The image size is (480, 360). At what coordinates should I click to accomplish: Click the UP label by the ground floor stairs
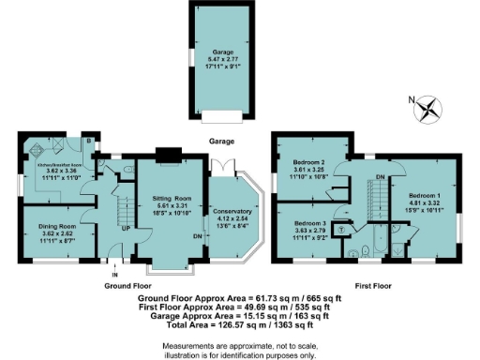[124, 228]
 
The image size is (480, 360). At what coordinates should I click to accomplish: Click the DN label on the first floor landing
[378, 177]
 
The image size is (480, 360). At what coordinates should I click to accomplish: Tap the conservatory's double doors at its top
[222, 167]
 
